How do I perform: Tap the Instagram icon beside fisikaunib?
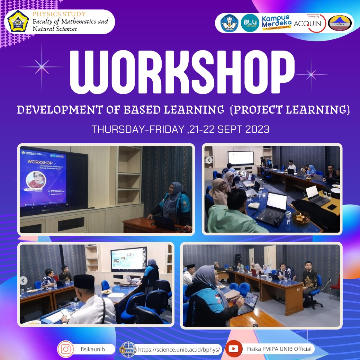[x=65, y=349]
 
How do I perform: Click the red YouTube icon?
[x=234, y=349]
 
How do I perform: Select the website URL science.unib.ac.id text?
[x=179, y=350]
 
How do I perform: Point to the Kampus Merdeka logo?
[x=276, y=23]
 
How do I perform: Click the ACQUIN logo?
[x=309, y=23]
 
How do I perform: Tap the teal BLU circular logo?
[x=250, y=23]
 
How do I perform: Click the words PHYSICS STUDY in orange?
[x=59, y=14]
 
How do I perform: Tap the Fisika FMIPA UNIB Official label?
[x=279, y=349]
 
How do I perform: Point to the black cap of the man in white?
[x=84, y=281]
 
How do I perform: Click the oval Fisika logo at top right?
[x=340, y=23]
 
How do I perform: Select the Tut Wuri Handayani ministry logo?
[x=230, y=23]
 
